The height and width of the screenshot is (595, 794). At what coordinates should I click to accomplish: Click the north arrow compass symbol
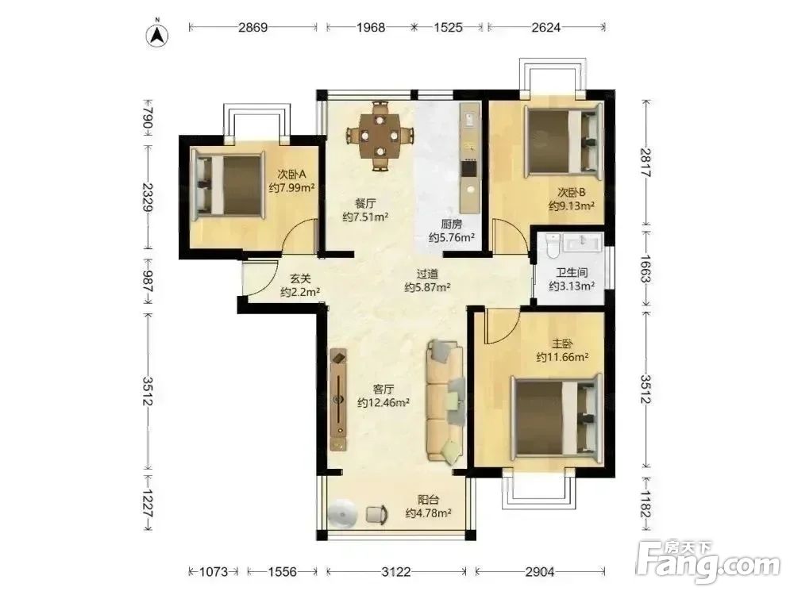157,34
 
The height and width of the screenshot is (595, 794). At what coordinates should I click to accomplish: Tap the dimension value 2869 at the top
252,27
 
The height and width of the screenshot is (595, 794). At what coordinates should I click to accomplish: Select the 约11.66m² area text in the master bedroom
562,357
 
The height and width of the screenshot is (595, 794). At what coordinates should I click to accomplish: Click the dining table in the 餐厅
380,135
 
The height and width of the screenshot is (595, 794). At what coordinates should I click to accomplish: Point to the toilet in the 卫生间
553,246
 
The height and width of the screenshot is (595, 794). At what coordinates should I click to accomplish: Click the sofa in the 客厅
445,401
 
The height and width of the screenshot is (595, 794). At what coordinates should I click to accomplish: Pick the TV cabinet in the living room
338,399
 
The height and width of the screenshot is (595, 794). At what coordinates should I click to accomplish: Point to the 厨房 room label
451,225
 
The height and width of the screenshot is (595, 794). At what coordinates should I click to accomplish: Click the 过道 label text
427,274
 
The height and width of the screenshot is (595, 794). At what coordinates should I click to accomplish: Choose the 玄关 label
300,278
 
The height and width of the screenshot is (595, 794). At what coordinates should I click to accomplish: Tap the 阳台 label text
429,500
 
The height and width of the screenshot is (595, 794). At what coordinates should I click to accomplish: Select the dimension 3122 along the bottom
396,572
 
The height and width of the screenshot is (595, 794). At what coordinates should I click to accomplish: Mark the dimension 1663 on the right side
645,269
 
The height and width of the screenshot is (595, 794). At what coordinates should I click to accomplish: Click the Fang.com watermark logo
708,561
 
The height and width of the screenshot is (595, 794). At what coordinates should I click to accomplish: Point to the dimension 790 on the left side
148,117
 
